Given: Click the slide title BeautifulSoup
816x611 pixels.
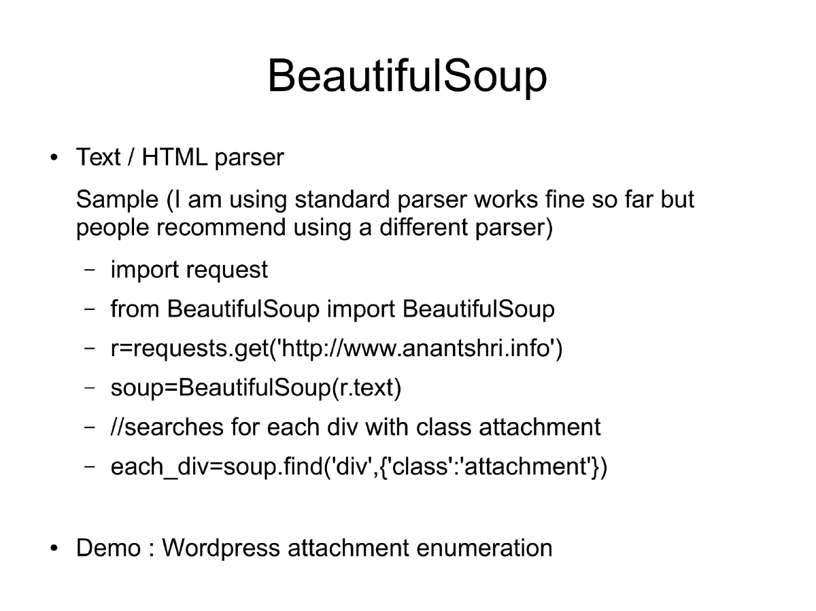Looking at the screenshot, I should (x=407, y=76).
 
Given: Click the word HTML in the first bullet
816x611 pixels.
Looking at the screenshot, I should (x=175, y=158).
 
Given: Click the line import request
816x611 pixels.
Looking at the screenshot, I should (x=189, y=270).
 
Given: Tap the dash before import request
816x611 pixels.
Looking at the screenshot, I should (x=90, y=270).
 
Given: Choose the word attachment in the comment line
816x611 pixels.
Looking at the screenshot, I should (x=539, y=427).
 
